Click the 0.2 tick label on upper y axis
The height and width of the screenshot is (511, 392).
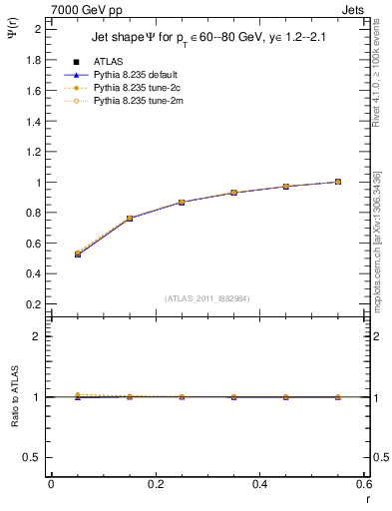(33, 304)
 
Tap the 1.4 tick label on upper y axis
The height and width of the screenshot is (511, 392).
(33, 121)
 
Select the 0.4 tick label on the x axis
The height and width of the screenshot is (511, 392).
(259, 484)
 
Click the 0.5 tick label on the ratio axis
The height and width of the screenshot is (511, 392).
(33, 457)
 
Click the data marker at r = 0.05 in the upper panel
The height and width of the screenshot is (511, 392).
(78, 255)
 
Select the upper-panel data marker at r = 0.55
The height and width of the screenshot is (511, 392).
(338, 182)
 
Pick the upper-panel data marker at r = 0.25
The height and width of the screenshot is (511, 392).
(182, 202)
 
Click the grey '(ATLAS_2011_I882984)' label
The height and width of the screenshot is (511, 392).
(207, 297)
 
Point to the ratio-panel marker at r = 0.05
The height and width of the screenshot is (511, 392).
(78, 396)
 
